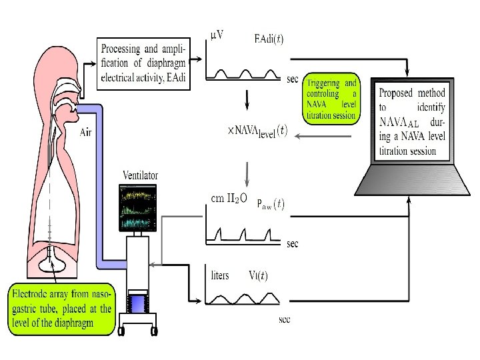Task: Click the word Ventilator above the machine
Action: (x=140, y=175)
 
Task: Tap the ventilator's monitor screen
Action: (x=138, y=207)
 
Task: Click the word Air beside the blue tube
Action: (x=86, y=133)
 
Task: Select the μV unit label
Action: (x=216, y=36)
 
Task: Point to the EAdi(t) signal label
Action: (x=269, y=39)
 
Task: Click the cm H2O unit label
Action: (x=229, y=197)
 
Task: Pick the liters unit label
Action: (x=221, y=275)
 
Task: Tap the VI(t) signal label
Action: (x=258, y=275)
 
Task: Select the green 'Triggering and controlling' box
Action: (x=331, y=99)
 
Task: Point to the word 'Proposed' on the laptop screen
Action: (x=396, y=93)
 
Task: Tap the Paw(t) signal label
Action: (x=270, y=205)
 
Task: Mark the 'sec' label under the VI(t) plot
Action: (x=285, y=319)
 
